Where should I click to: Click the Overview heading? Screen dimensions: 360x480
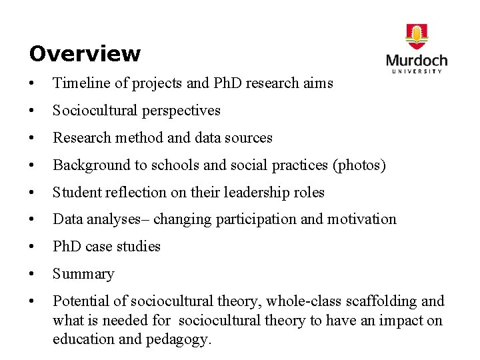(85, 53)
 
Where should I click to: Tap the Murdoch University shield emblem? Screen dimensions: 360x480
(417, 36)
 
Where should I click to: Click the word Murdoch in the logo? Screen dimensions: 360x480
(417, 60)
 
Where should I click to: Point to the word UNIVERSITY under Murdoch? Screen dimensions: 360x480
(417, 71)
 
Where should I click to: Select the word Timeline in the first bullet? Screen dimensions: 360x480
(79, 83)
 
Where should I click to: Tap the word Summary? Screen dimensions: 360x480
(83, 274)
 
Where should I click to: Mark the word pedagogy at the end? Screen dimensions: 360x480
(179, 339)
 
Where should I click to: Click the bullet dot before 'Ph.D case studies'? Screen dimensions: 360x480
(32, 247)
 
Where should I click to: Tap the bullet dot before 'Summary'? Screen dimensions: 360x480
(32, 274)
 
